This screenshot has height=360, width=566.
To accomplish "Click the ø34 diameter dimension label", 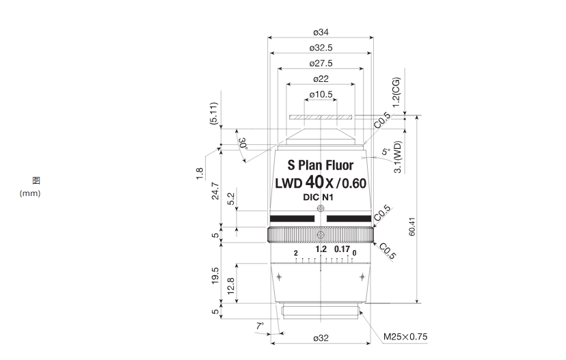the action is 321,32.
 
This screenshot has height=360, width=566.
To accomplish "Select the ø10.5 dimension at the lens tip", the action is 321,94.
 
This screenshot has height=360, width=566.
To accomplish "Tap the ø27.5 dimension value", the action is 321,64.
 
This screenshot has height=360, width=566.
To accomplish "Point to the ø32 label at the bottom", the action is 321,338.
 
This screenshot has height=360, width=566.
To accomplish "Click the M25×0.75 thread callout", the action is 405,337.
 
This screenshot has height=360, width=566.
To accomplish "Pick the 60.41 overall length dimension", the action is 412,227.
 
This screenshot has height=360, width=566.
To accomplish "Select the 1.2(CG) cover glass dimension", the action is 396,92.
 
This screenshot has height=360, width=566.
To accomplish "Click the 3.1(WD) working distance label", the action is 397,157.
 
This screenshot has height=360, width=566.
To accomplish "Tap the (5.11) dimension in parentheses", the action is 214,113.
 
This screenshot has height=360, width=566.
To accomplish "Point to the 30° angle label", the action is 243,143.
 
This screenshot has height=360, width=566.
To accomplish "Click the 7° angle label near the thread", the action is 260,327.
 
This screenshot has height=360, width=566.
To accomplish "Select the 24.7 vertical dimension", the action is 215,191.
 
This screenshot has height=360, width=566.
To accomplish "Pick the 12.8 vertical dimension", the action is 231,286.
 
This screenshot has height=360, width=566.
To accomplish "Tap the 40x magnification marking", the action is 319,182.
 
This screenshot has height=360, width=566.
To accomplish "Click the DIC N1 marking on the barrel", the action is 318,197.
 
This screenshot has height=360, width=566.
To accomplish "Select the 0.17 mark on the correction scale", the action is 342,249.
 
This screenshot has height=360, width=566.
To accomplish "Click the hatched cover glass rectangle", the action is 321,117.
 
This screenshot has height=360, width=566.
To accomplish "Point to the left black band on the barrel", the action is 292,219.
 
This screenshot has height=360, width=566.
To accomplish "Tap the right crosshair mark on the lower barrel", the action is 362,277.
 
